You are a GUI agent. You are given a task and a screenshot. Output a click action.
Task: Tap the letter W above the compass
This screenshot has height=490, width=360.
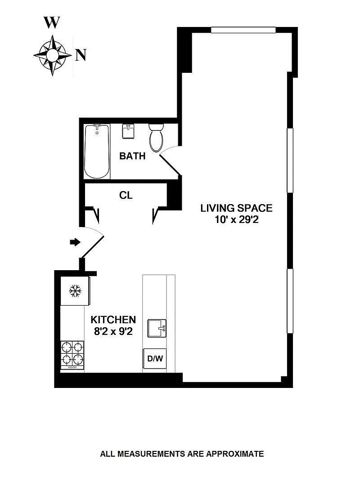[52, 22]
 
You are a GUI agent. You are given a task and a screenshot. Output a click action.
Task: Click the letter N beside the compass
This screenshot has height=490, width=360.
[81, 56]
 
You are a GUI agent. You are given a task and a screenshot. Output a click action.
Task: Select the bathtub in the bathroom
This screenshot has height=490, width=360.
[97, 151]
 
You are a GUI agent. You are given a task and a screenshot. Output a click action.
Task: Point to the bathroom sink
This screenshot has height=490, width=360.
[128, 131]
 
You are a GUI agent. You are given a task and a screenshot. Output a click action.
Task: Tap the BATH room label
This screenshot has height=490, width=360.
[132, 156]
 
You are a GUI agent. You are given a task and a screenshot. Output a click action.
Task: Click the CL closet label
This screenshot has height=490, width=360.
[126, 195]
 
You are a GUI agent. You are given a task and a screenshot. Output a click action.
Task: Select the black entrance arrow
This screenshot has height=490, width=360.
[75, 241]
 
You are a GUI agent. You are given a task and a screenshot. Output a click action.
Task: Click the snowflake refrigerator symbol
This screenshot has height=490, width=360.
[75, 291]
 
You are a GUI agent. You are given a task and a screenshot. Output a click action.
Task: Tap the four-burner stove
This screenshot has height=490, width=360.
[72, 355]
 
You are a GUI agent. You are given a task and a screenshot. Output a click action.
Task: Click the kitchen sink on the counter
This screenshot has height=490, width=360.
[157, 328]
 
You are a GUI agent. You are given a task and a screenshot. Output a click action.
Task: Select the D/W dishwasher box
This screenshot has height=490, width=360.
[155, 358]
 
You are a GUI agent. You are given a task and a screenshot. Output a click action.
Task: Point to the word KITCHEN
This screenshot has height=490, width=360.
[113, 320]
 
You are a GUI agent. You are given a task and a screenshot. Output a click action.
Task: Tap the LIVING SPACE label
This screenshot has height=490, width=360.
[236, 208]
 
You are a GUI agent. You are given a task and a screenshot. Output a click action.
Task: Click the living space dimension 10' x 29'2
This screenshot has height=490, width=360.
[237, 220]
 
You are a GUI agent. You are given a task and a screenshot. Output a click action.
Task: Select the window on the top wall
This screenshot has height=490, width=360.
[243, 30]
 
